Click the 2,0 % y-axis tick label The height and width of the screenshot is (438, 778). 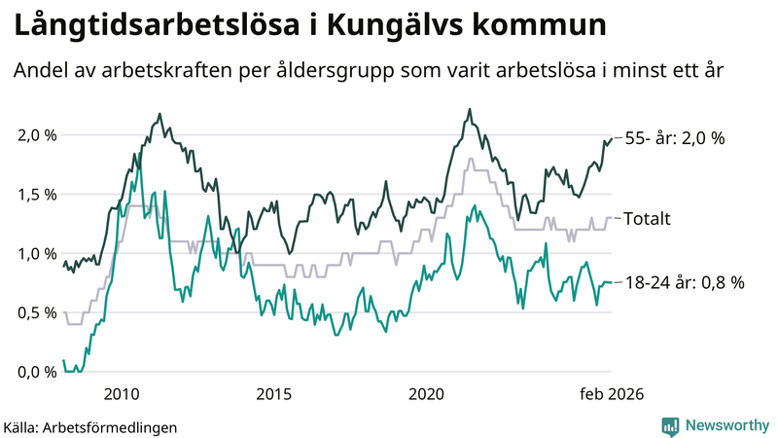tap(36, 135)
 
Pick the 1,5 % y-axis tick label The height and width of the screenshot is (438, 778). tap(36, 195)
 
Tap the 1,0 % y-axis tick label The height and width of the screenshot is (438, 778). tap(36, 254)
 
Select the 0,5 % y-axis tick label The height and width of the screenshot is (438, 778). tap(36, 313)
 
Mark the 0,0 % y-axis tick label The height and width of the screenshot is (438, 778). tap(36, 373)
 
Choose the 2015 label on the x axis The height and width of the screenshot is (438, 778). tap(274, 394)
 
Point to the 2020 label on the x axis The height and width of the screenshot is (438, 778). tap(427, 394)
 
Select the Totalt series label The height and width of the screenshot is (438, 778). tap(648, 219)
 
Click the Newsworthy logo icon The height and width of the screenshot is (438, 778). tap(670, 425)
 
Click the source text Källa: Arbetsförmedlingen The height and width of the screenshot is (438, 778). tap(90, 426)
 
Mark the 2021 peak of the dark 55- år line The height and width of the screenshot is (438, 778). tap(470, 109)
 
